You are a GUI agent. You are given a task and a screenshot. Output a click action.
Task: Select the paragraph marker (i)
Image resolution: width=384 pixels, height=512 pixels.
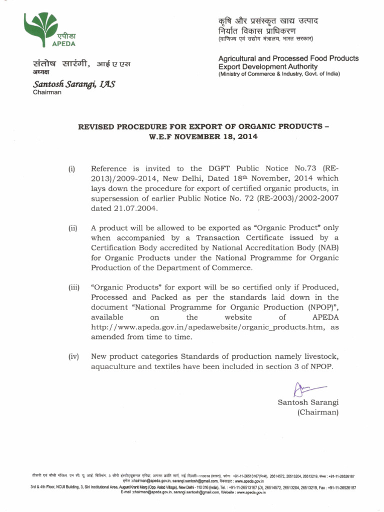coord(72,168)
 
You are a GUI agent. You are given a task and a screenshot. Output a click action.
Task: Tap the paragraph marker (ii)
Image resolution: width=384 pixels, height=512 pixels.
coord(73,228)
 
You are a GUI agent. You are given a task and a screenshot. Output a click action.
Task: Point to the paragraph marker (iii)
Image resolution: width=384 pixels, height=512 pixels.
coord(74,287)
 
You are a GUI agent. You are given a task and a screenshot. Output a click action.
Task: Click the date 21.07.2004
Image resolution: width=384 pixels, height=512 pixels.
coord(118,208)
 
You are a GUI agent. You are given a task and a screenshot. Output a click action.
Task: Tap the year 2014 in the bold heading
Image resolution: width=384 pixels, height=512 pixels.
coord(245,136)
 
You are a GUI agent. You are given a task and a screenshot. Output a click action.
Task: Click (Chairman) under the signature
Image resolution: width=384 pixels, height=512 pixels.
coord(318,412)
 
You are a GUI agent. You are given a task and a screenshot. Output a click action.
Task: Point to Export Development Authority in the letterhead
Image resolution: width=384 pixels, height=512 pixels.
coord(268,66)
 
